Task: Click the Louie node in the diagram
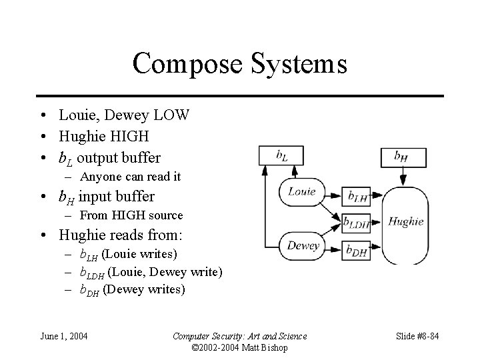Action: (301, 192)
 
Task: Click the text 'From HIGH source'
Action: (131, 215)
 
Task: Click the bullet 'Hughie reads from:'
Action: (121, 235)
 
